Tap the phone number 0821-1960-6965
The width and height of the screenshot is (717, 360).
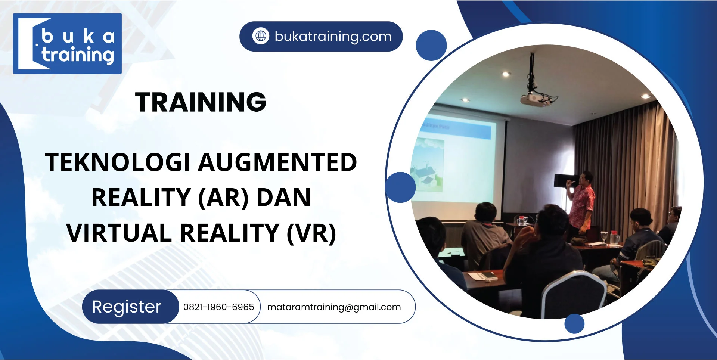click(218, 307)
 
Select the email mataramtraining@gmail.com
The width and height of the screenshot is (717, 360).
click(334, 307)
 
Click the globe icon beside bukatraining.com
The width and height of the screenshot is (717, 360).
click(261, 36)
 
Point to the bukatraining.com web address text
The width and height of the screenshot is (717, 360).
click(333, 37)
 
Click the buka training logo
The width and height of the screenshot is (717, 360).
click(67, 44)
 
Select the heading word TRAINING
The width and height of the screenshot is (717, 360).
click(201, 102)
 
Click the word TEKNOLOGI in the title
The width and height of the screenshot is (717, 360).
click(118, 162)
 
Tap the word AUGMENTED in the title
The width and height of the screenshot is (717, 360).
click(277, 162)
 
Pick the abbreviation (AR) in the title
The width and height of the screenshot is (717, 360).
click(223, 198)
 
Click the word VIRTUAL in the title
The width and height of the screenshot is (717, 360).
click(119, 233)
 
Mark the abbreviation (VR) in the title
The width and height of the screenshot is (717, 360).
click(311, 233)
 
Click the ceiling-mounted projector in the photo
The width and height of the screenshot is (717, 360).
click(535, 98)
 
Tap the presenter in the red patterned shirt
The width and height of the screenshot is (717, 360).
click(581, 202)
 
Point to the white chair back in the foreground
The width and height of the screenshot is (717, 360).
click(573, 295)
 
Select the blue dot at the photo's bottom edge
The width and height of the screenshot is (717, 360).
click(574, 323)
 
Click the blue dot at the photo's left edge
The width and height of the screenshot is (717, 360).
click(400, 187)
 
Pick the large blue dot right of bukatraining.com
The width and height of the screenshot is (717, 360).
click(431, 45)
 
